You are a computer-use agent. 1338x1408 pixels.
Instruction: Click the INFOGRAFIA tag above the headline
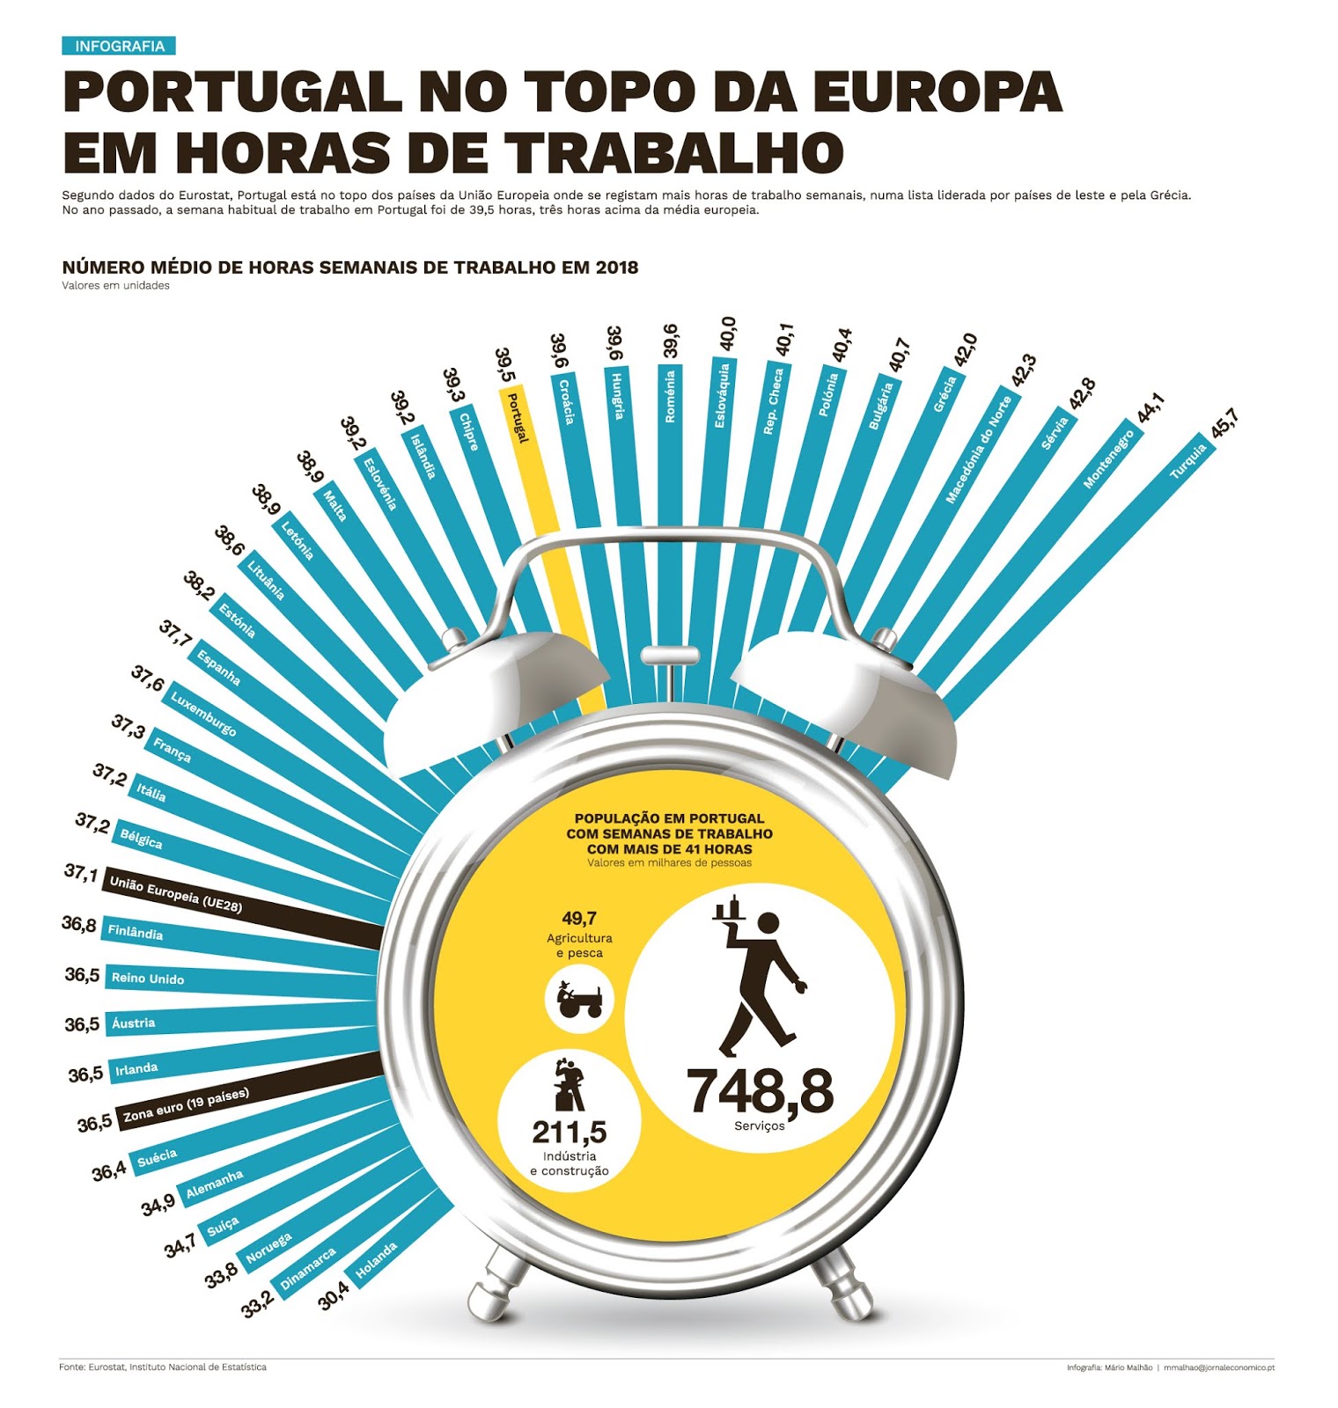[x=119, y=46]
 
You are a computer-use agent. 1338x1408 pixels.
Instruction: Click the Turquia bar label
[x=1187, y=461]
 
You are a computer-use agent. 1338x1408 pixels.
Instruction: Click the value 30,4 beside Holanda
[x=334, y=1295]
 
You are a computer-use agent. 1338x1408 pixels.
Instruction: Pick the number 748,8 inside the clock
[x=760, y=1091]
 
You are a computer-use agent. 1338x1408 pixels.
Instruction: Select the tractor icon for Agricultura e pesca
[x=578, y=998]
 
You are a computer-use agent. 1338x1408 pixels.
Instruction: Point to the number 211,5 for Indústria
[x=569, y=1131]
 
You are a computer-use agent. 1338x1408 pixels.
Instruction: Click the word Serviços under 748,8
[x=759, y=1126]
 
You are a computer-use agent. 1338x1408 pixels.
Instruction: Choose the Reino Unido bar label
[x=148, y=978]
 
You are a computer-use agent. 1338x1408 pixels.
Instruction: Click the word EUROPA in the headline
[x=937, y=92]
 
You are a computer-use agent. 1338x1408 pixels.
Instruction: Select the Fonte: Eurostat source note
[x=163, y=1367]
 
